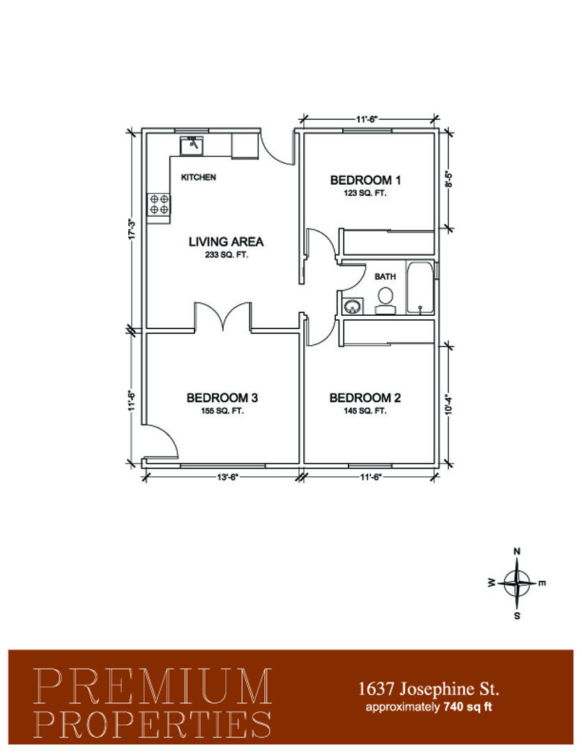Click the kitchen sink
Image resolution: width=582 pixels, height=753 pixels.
coord(192,146)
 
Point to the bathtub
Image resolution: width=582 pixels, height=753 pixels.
coord(420,288)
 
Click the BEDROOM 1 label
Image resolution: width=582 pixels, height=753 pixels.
coord(365,180)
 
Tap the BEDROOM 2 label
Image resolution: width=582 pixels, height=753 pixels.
coord(365,397)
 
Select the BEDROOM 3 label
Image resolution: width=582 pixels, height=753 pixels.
coord(222,397)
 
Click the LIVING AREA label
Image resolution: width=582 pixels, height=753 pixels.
coord(226,241)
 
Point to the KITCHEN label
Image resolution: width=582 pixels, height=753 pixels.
coord(199,177)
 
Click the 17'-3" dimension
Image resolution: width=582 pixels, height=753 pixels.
coord(133,229)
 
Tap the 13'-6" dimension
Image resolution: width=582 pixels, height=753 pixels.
coord(228,477)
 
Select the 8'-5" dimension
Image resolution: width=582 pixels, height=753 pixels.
coord(449,179)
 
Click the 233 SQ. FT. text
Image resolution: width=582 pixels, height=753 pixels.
coord(227,255)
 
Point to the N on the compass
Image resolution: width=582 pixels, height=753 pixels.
coord(517,552)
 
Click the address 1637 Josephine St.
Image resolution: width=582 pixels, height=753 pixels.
coord(429,689)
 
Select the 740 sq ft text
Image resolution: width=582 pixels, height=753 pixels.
coord(468,707)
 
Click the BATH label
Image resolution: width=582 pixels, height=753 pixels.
coord(385,277)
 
